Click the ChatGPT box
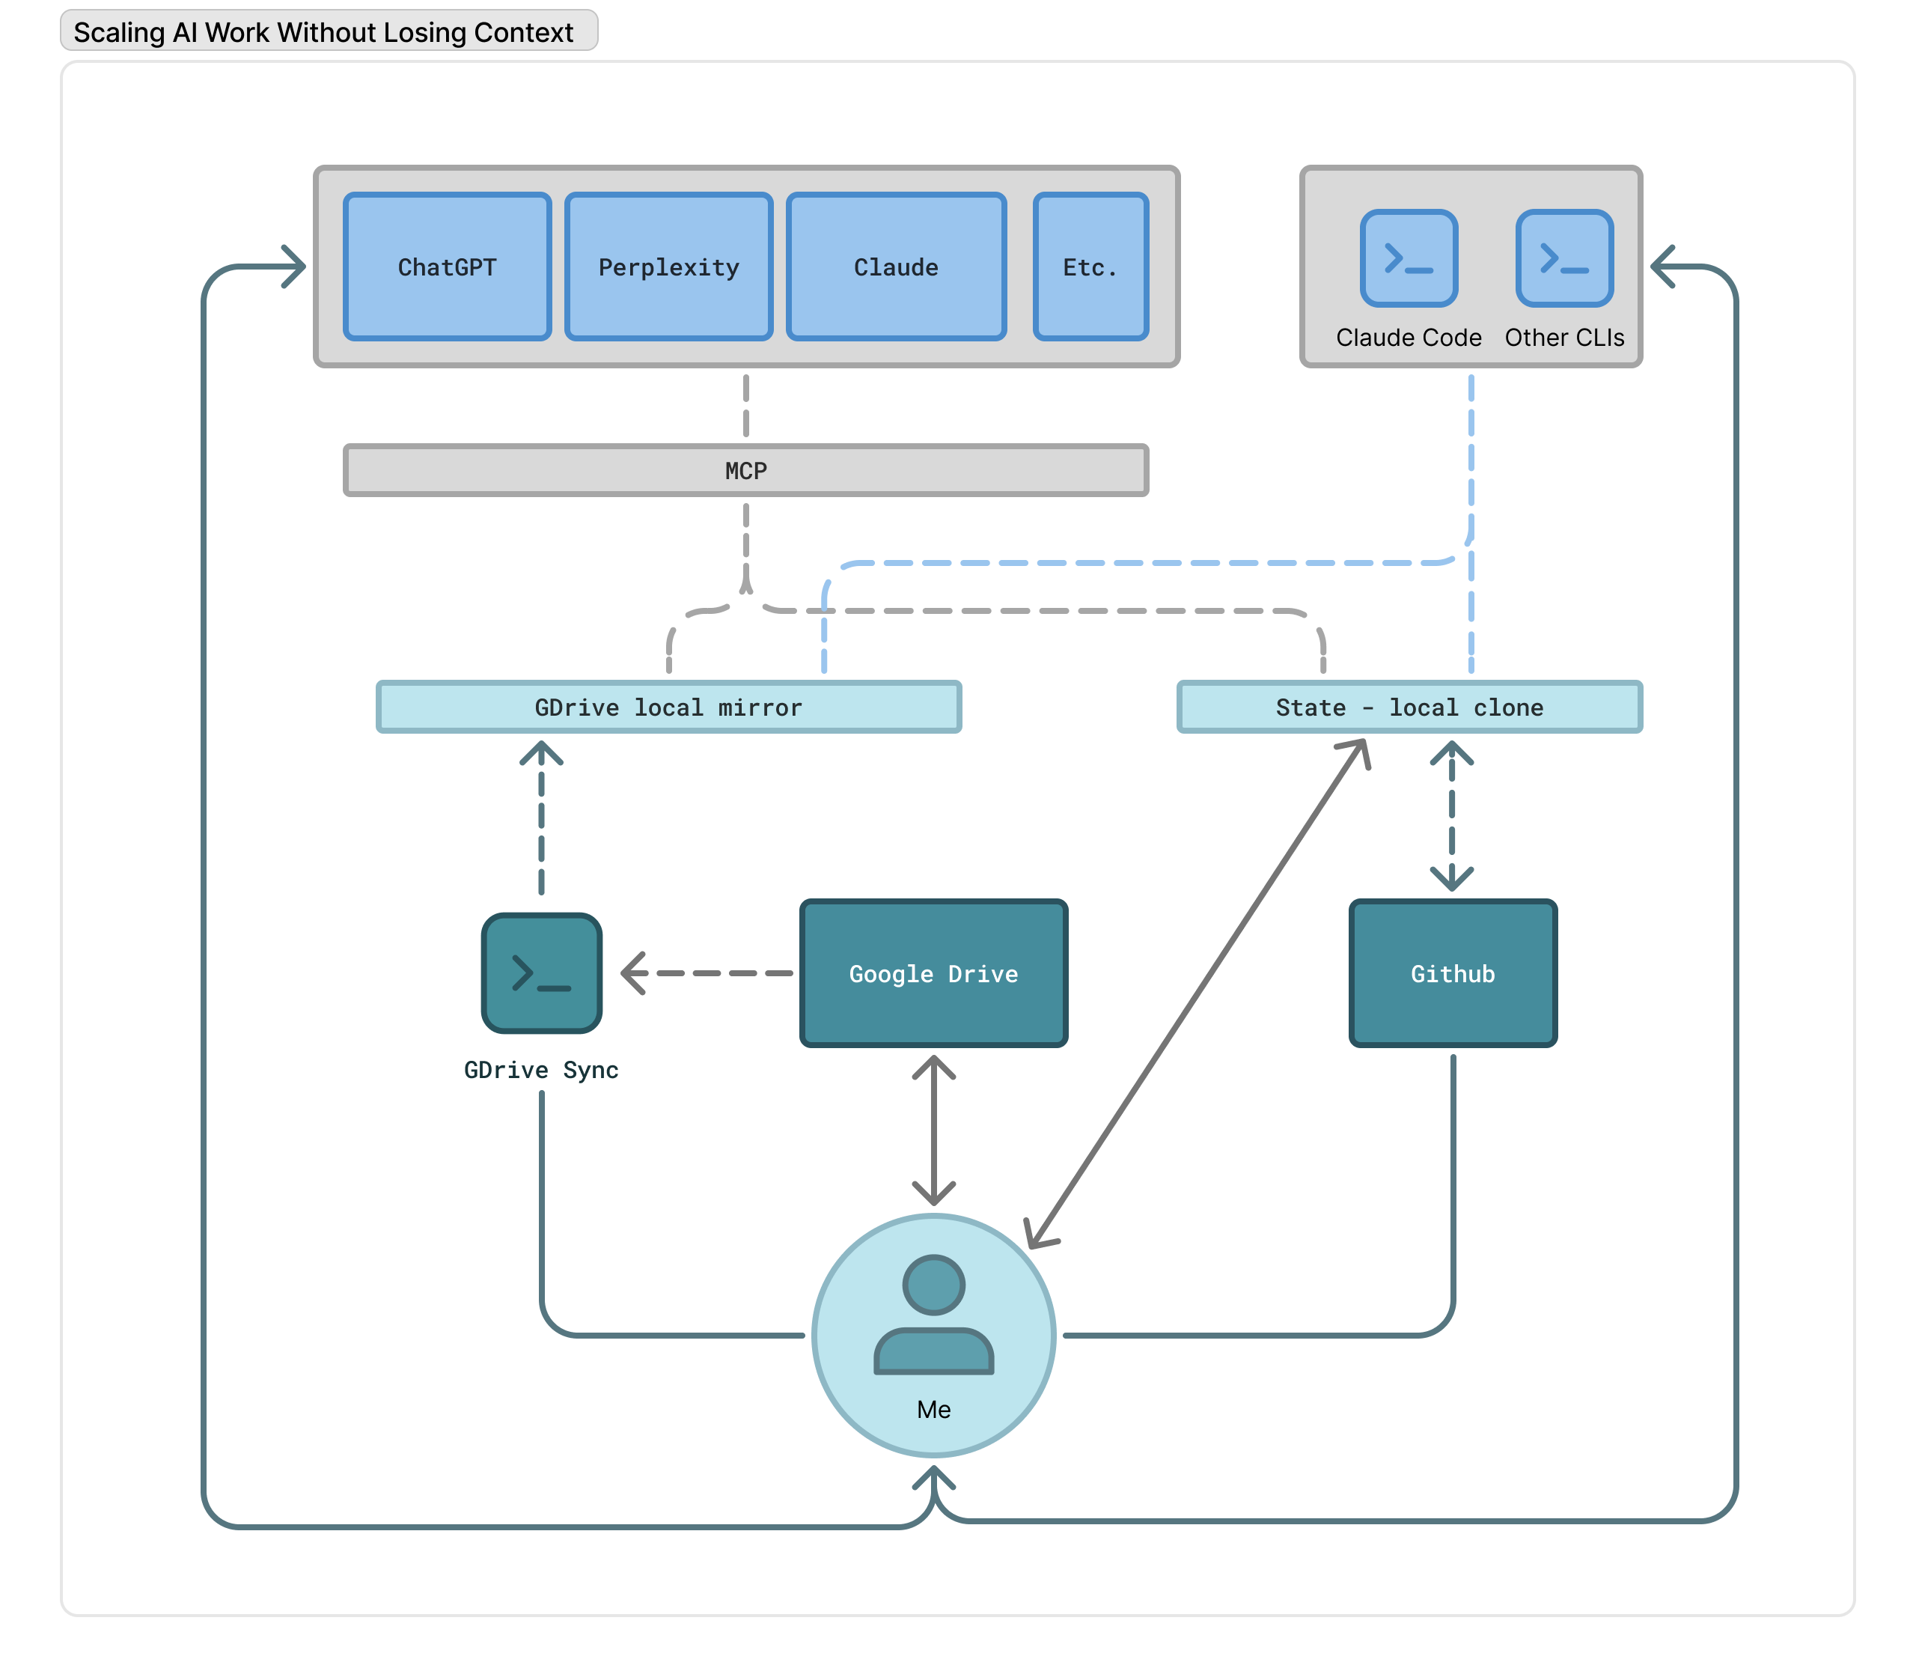point(448,267)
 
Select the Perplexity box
point(668,267)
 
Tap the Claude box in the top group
point(895,267)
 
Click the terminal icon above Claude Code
point(1408,258)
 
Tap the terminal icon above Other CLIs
point(1564,258)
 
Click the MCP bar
point(745,470)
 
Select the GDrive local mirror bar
point(668,707)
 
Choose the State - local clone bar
point(1409,707)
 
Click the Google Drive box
point(933,973)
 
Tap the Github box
point(1452,973)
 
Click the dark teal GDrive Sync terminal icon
point(540,973)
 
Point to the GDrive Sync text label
point(540,1070)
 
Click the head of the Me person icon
point(933,1284)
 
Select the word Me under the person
point(933,1409)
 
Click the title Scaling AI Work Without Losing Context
point(323,31)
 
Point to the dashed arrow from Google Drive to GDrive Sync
point(711,973)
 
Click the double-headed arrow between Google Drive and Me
point(933,1130)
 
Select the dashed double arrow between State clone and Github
point(1451,816)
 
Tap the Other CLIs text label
point(1564,337)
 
